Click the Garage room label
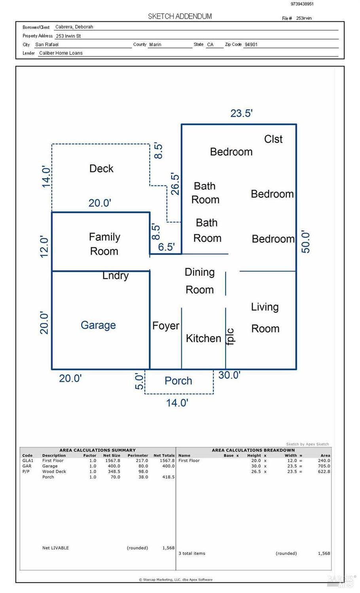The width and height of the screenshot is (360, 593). click(x=98, y=325)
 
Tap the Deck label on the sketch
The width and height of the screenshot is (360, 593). click(x=101, y=169)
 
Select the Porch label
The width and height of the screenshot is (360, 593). click(x=178, y=381)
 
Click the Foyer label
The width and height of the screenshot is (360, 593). click(x=166, y=326)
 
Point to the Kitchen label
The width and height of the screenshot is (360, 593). click(x=203, y=338)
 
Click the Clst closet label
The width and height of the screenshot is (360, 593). click(x=273, y=139)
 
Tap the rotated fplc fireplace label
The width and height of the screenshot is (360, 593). click(x=231, y=337)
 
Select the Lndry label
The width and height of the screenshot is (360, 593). click(x=116, y=276)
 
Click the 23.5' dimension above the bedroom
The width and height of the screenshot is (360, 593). click(x=241, y=114)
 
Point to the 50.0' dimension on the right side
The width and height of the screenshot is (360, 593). click(x=306, y=241)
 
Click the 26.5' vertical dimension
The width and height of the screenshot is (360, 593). click(x=175, y=184)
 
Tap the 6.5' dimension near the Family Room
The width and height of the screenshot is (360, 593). click(x=166, y=247)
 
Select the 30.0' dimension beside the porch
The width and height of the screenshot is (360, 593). click(x=229, y=375)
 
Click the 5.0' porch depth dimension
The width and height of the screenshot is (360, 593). click(x=139, y=381)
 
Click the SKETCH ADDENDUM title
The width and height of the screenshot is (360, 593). click(x=180, y=16)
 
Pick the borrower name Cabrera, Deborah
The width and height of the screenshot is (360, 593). click(x=74, y=27)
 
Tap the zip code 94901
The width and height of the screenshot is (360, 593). click(x=251, y=44)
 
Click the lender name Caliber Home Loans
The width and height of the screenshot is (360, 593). click(x=61, y=53)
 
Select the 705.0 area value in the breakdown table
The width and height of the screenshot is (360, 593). click(x=324, y=466)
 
